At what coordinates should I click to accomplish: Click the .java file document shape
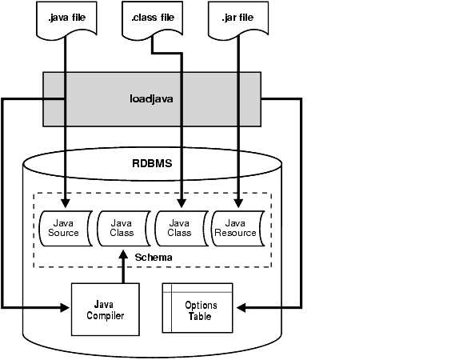click(x=66, y=19)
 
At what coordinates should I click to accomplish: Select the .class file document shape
click(x=153, y=19)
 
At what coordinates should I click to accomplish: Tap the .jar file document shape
click(x=238, y=19)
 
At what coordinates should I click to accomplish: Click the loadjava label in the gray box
click(x=151, y=99)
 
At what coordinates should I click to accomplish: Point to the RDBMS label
click(x=152, y=163)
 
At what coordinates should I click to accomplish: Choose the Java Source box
click(x=66, y=229)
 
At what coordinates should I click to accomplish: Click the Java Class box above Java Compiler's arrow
click(x=124, y=229)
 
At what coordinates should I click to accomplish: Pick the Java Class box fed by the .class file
click(x=182, y=229)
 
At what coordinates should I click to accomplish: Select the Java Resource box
click(x=238, y=229)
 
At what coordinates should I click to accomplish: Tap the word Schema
click(x=154, y=258)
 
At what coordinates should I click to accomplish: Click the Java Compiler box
click(x=106, y=310)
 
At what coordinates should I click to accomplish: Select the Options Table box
click(x=198, y=308)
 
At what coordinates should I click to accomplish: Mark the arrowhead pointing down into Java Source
click(x=66, y=203)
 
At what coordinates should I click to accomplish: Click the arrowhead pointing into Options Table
click(x=241, y=307)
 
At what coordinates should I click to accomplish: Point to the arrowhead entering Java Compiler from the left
click(x=65, y=307)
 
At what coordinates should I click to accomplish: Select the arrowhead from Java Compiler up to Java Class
click(x=123, y=254)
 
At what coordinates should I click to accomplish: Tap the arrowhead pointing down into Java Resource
click(x=238, y=203)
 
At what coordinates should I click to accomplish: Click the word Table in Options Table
click(x=200, y=316)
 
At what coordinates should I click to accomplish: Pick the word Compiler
click(x=106, y=315)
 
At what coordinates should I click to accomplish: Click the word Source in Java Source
click(x=63, y=233)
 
